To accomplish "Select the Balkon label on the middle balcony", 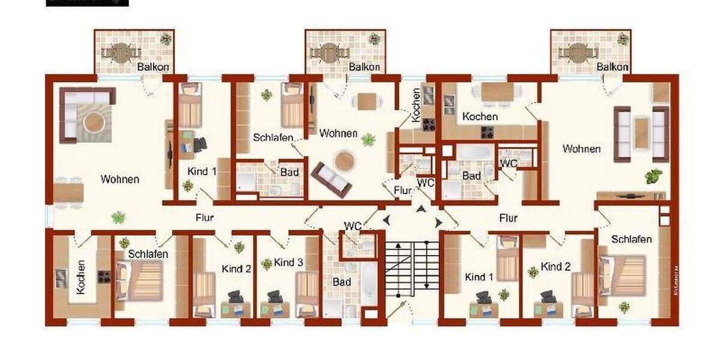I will point(364,67).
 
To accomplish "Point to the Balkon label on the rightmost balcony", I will point(612,67).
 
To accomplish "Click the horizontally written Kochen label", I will point(480,116).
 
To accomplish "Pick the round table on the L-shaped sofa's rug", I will point(94,123).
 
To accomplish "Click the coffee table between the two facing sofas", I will point(641,133).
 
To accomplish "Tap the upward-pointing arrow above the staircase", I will point(420,209).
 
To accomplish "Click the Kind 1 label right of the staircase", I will point(479,277).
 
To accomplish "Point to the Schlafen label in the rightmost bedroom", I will point(632,239).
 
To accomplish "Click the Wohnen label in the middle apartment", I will point(338,133).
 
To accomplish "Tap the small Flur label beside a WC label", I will point(403,191).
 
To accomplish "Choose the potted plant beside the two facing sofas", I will point(653,176).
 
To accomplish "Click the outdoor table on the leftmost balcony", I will point(121,53).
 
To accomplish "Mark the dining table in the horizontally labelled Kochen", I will point(497,91).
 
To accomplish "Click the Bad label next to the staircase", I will point(342,281).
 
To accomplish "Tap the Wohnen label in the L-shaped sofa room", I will point(120,179).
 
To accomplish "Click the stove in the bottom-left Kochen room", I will point(104,277).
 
